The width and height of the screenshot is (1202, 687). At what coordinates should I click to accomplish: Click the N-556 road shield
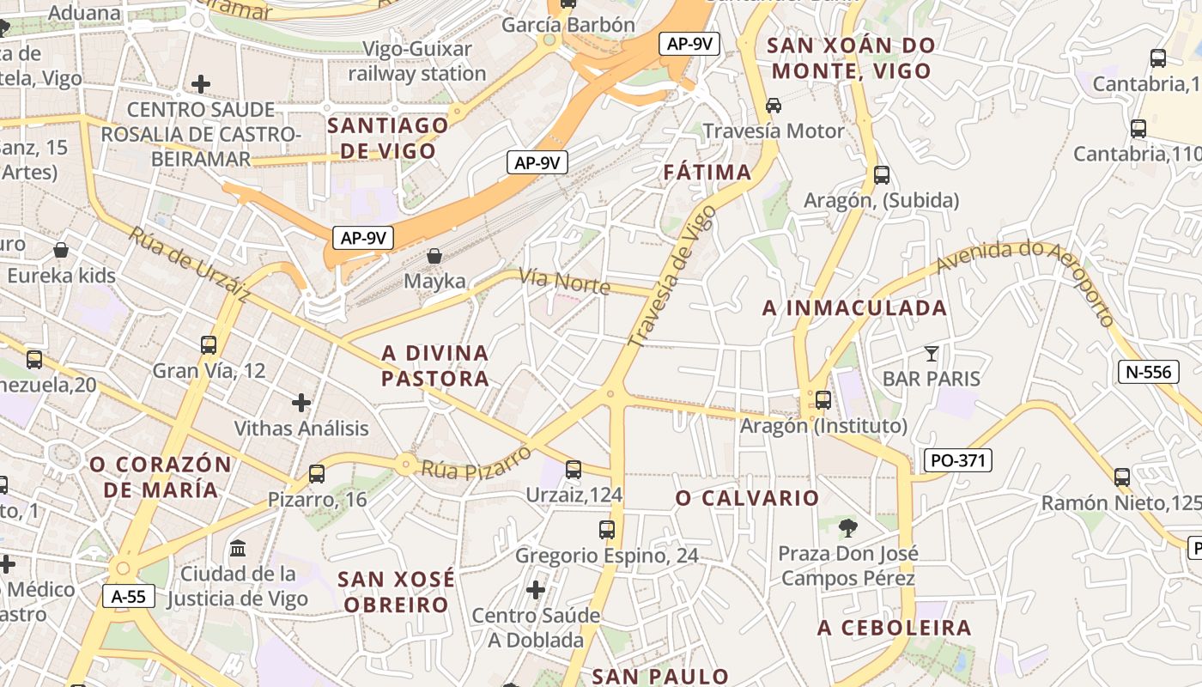pyautogui.click(x=1148, y=372)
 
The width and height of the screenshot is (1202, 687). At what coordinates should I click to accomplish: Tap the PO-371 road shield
pyautogui.click(x=957, y=460)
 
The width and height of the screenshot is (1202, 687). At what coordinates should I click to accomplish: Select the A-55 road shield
pyautogui.click(x=129, y=596)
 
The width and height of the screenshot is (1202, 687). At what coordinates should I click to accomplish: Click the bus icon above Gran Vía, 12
pyautogui.click(x=209, y=345)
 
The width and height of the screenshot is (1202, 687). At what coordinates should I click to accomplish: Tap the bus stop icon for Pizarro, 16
pyautogui.click(x=317, y=473)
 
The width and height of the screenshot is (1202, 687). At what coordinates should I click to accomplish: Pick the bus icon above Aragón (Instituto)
pyautogui.click(x=823, y=400)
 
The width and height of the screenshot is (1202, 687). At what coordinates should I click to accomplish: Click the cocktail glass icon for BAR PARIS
pyautogui.click(x=932, y=353)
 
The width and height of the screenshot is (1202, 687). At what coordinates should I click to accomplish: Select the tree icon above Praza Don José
pyautogui.click(x=848, y=527)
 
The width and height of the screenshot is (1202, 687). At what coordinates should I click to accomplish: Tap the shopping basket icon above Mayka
pyautogui.click(x=434, y=256)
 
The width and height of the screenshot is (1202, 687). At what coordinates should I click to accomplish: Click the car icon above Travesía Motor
pyautogui.click(x=774, y=106)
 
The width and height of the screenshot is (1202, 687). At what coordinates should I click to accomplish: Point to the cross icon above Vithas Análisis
pyautogui.click(x=301, y=402)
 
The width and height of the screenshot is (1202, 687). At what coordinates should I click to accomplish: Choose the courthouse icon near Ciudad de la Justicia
pyautogui.click(x=238, y=548)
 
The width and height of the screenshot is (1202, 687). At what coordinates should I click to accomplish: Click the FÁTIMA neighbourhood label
pyautogui.click(x=707, y=173)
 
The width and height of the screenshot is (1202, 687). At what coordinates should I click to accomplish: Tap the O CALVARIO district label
pyautogui.click(x=747, y=498)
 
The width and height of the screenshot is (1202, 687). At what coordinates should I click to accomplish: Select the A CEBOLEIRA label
pyautogui.click(x=894, y=628)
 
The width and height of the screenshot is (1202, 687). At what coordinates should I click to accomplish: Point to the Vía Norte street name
pyautogui.click(x=564, y=281)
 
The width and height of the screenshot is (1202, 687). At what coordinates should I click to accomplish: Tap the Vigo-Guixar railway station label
pyautogui.click(x=417, y=61)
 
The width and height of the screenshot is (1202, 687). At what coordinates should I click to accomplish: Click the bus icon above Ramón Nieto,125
pyautogui.click(x=1122, y=477)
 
